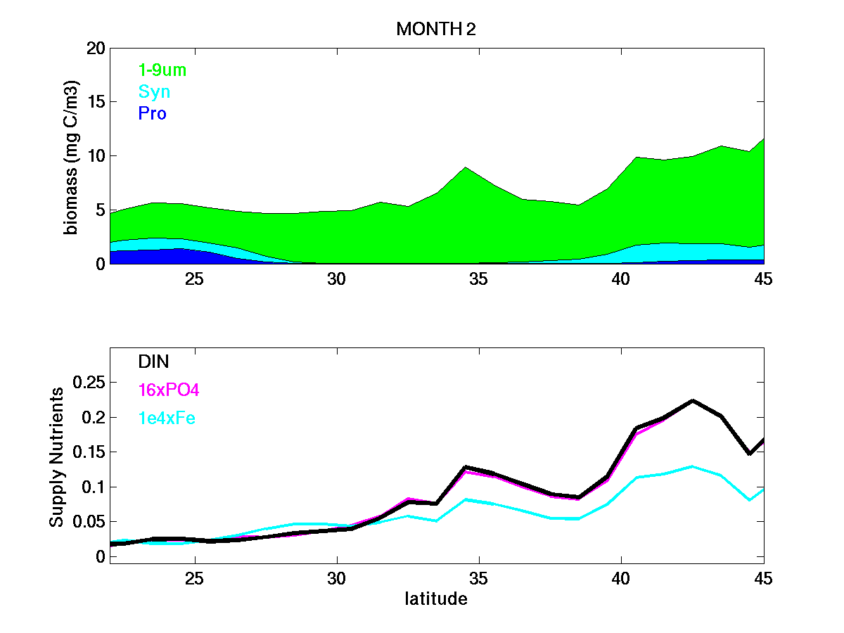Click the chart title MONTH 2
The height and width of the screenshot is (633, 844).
(x=437, y=29)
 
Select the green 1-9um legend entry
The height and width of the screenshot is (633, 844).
(x=162, y=70)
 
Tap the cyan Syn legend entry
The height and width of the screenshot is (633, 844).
(x=154, y=92)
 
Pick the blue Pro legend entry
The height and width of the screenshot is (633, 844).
(x=153, y=113)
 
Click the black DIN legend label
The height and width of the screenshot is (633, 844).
(x=154, y=362)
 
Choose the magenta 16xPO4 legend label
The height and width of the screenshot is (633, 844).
(x=169, y=390)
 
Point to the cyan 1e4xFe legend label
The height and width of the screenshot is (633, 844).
(x=167, y=418)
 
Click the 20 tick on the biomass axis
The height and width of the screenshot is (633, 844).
(x=96, y=49)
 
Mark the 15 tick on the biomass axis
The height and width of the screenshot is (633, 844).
(x=96, y=102)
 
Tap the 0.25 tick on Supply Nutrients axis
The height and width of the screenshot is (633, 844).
(x=89, y=383)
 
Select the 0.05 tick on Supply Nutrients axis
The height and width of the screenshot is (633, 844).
(x=89, y=522)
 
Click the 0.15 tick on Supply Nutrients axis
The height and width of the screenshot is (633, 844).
(x=89, y=452)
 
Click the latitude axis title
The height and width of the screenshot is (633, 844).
(x=436, y=599)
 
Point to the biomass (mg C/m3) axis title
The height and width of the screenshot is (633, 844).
(x=72, y=155)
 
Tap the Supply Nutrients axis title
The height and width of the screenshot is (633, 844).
(x=57, y=456)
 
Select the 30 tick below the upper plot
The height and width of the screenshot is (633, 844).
(x=337, y=279)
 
